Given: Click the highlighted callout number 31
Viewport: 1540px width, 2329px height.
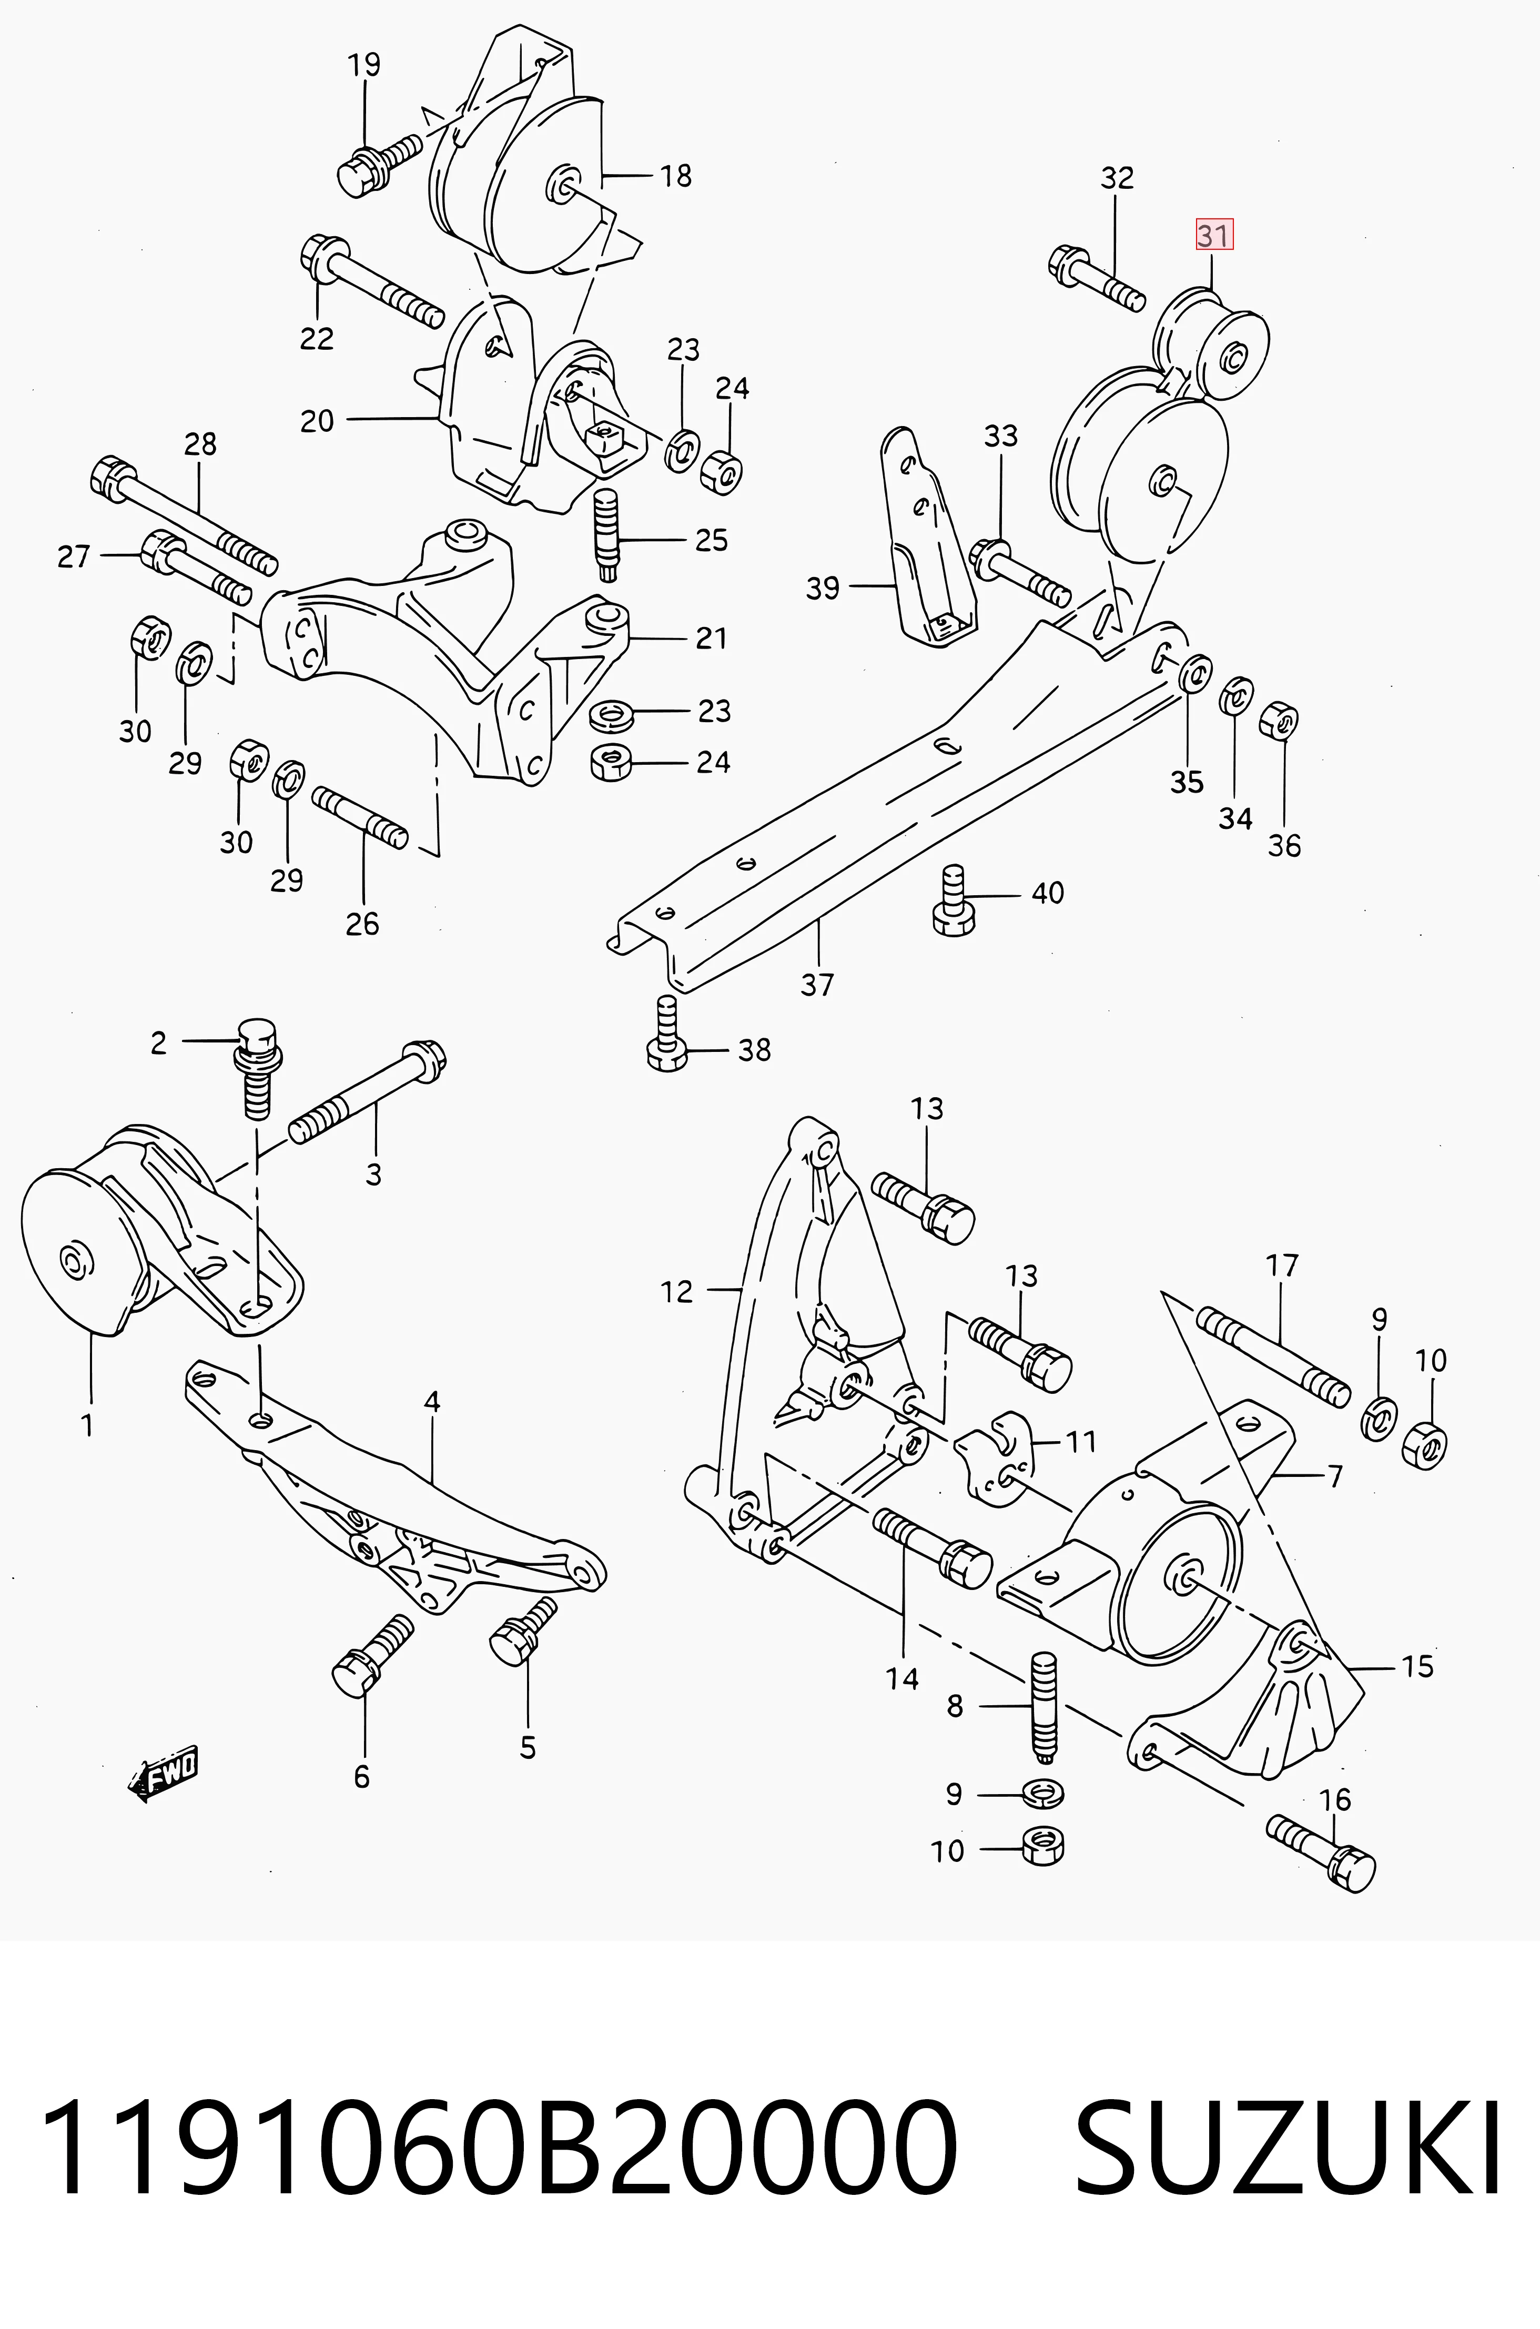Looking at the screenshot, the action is pos(1214,236).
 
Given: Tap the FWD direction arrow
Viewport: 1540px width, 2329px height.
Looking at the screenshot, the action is pos(163,1773).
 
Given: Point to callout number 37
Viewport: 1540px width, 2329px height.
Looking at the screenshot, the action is pos(817,984).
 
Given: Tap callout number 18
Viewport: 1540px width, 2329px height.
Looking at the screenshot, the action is pos(676,176).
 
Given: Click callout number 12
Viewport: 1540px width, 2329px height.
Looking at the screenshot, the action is pos(677,1292).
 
